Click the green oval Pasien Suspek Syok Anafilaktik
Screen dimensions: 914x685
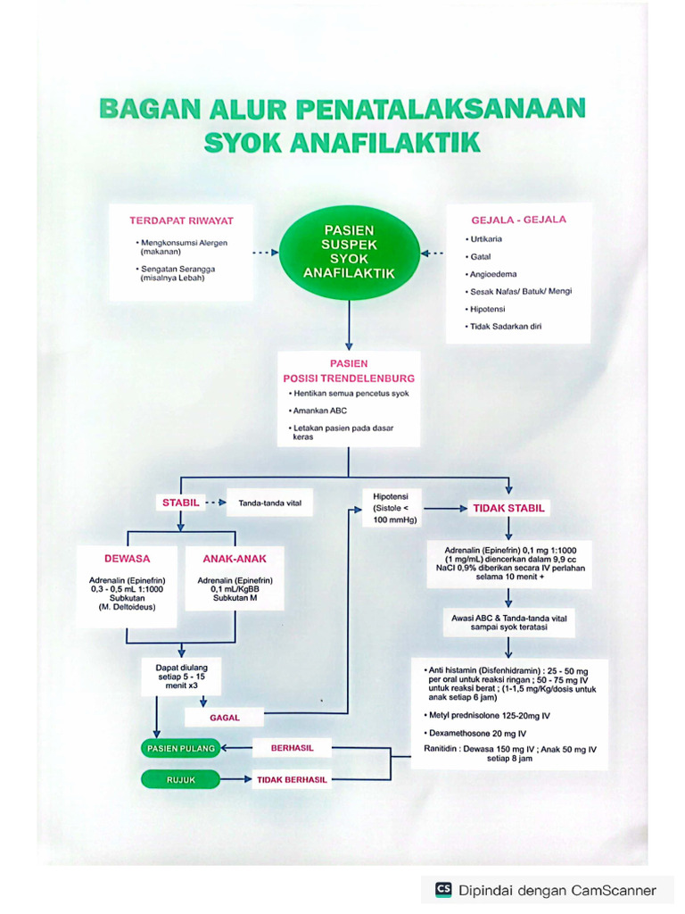[349, 252]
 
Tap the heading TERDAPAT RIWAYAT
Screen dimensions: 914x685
[181, 220]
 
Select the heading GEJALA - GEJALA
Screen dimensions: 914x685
[518, 220]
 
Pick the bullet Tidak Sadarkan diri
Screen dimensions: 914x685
[506, 326]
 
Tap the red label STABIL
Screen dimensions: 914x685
[181, 503]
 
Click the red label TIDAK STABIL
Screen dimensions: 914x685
[509, 508]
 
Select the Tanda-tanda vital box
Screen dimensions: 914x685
[269, 503]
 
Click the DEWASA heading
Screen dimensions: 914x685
[127, 559]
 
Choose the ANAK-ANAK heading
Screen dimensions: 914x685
[235, 559]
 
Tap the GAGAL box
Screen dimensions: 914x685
[225, 717]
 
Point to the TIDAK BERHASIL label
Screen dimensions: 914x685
[293, 779]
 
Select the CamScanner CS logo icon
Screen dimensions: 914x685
[443, 889]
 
